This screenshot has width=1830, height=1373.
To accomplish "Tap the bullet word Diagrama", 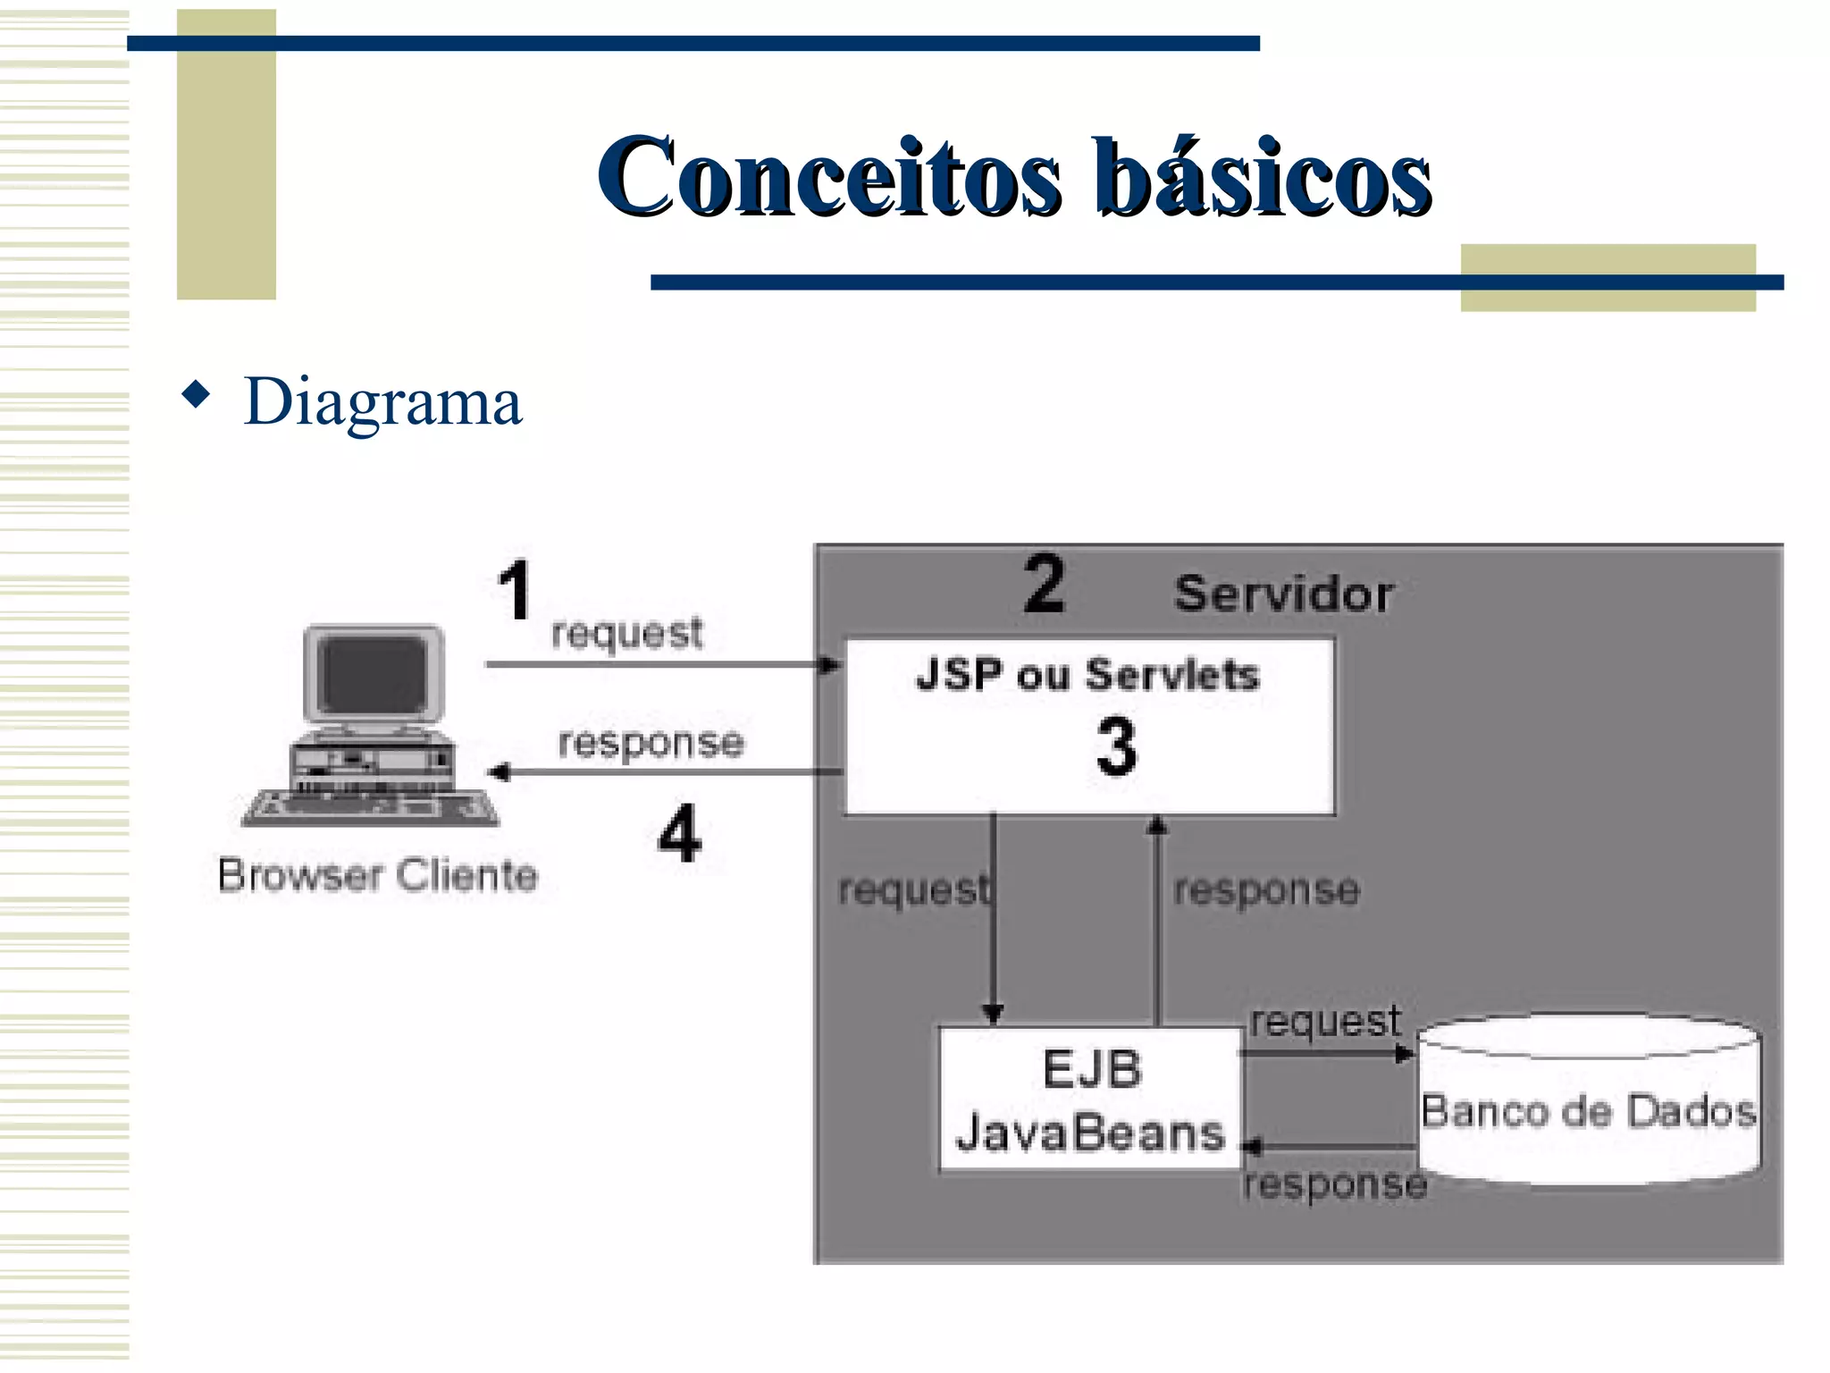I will pyautogui.click(x=382, y=402).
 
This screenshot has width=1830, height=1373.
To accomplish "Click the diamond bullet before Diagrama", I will pyautogui.click(x=196, y=393).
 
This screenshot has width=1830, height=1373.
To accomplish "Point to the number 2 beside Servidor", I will pyautogui.click(x=1044, y=584).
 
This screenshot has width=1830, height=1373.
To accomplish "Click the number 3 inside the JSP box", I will pyautogui.click(x=1116, y=746).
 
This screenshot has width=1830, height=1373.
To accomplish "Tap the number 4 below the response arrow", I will pyautogui.click(x=679, y=833).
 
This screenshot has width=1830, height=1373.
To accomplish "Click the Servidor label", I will pyautogui.click(x=1283, y=594).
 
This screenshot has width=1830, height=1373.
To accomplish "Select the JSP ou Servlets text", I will pyautogui.click(x=1087, y=675).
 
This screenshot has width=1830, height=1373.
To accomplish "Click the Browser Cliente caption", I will pyautogui.click(x=377, y=875).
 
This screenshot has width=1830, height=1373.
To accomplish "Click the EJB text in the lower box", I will pyautogui.click(x=1092, y=1070).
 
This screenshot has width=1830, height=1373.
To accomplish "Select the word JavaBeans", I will pyautogui.click(x=1090, y=1133).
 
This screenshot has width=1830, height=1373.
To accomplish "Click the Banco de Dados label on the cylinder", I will pyautogui.click(x=1589, y=1112).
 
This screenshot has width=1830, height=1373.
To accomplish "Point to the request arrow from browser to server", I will pyautogui.click(x=661, y=664).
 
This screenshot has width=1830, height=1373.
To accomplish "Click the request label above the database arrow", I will pyautogui.click(x=1325, y=1022).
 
